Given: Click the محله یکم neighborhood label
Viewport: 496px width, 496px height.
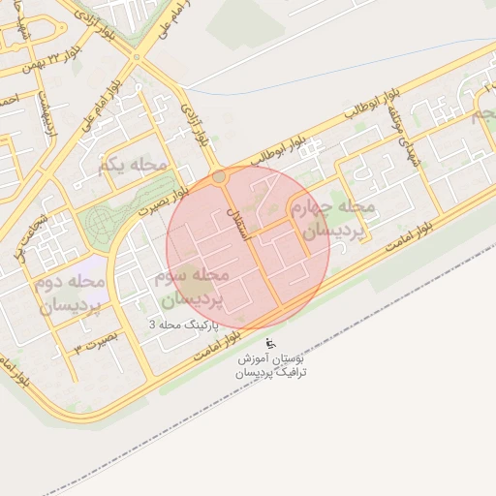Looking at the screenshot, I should point(132,168).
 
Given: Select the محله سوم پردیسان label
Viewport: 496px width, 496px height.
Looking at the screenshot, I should point(190,288).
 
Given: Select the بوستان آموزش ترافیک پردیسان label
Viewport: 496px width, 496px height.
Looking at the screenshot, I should point(273,366).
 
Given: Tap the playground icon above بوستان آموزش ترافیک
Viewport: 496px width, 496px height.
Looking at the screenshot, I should point(270,344).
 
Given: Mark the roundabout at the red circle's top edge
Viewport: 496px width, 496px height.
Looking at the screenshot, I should point(220,177).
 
